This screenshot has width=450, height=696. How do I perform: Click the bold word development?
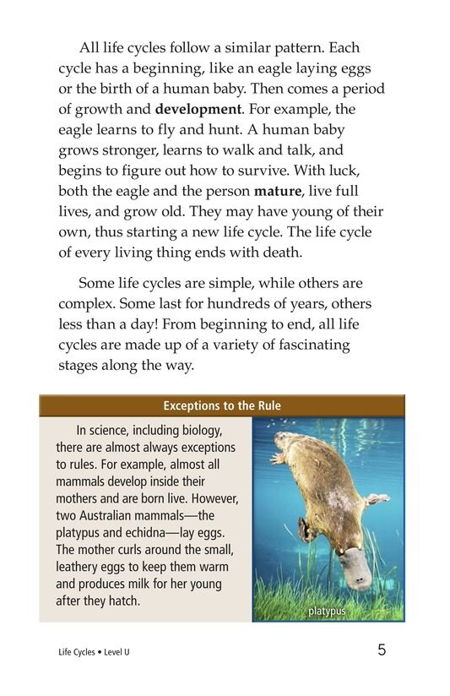click(x=197, y=110)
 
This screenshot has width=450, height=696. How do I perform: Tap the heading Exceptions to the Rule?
click(x=222, y=406)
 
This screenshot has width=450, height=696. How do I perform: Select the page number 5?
click(x=382, y=650)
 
